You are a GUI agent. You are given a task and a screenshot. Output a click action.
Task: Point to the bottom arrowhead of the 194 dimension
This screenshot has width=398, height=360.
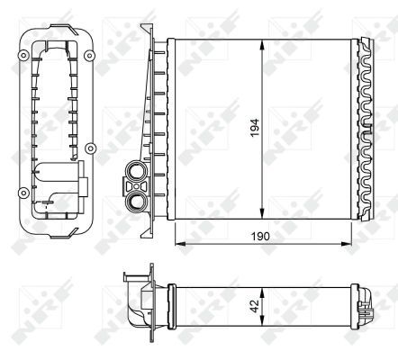(261, 216)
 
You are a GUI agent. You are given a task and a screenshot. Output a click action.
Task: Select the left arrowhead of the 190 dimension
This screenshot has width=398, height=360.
(176, 242)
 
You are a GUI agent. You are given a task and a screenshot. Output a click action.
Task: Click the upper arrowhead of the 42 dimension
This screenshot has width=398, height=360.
(261, 288)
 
